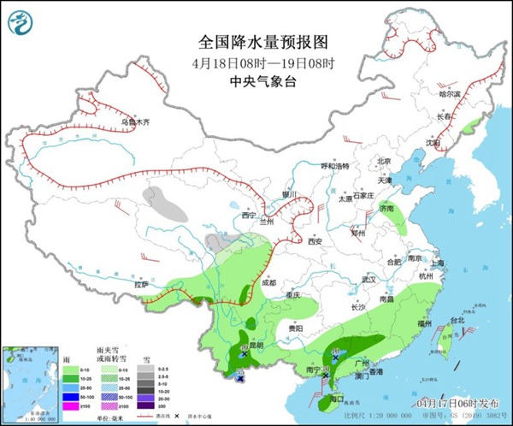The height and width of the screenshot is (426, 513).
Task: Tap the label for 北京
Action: [x=384, y=161]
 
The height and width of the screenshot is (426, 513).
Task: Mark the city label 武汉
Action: [x=369, y=280]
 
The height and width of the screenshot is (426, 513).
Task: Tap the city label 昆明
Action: [x=254, y=345]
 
